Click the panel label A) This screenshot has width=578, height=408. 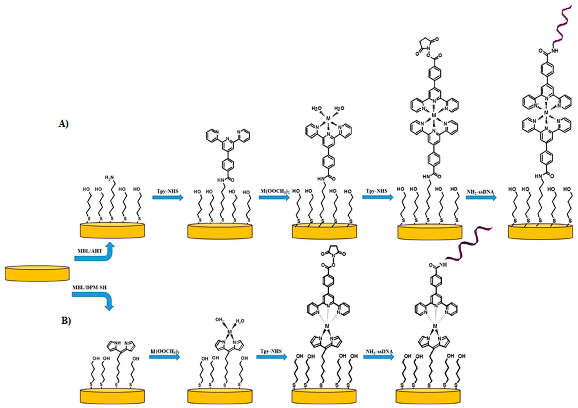(63, 124)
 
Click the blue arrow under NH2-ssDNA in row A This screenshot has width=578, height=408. (481, 197)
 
